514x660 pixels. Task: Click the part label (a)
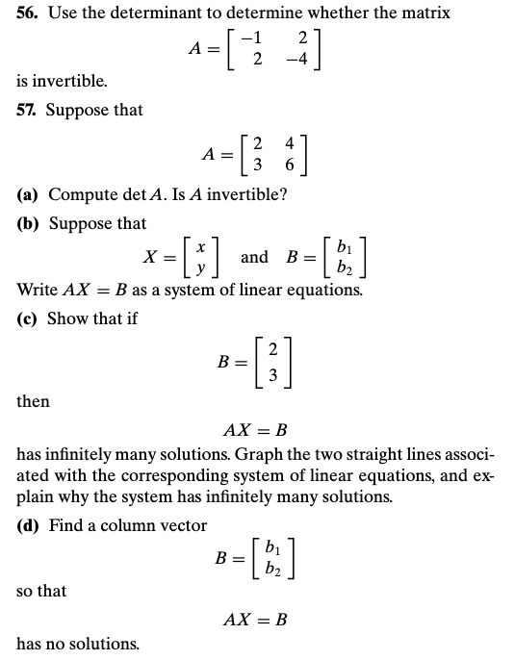coord(28,194)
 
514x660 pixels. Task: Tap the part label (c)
coord(28,318)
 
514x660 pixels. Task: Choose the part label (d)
coord(29,525)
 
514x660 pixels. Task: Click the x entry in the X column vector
coord(198,249)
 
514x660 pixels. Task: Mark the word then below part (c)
coord(33,401)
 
